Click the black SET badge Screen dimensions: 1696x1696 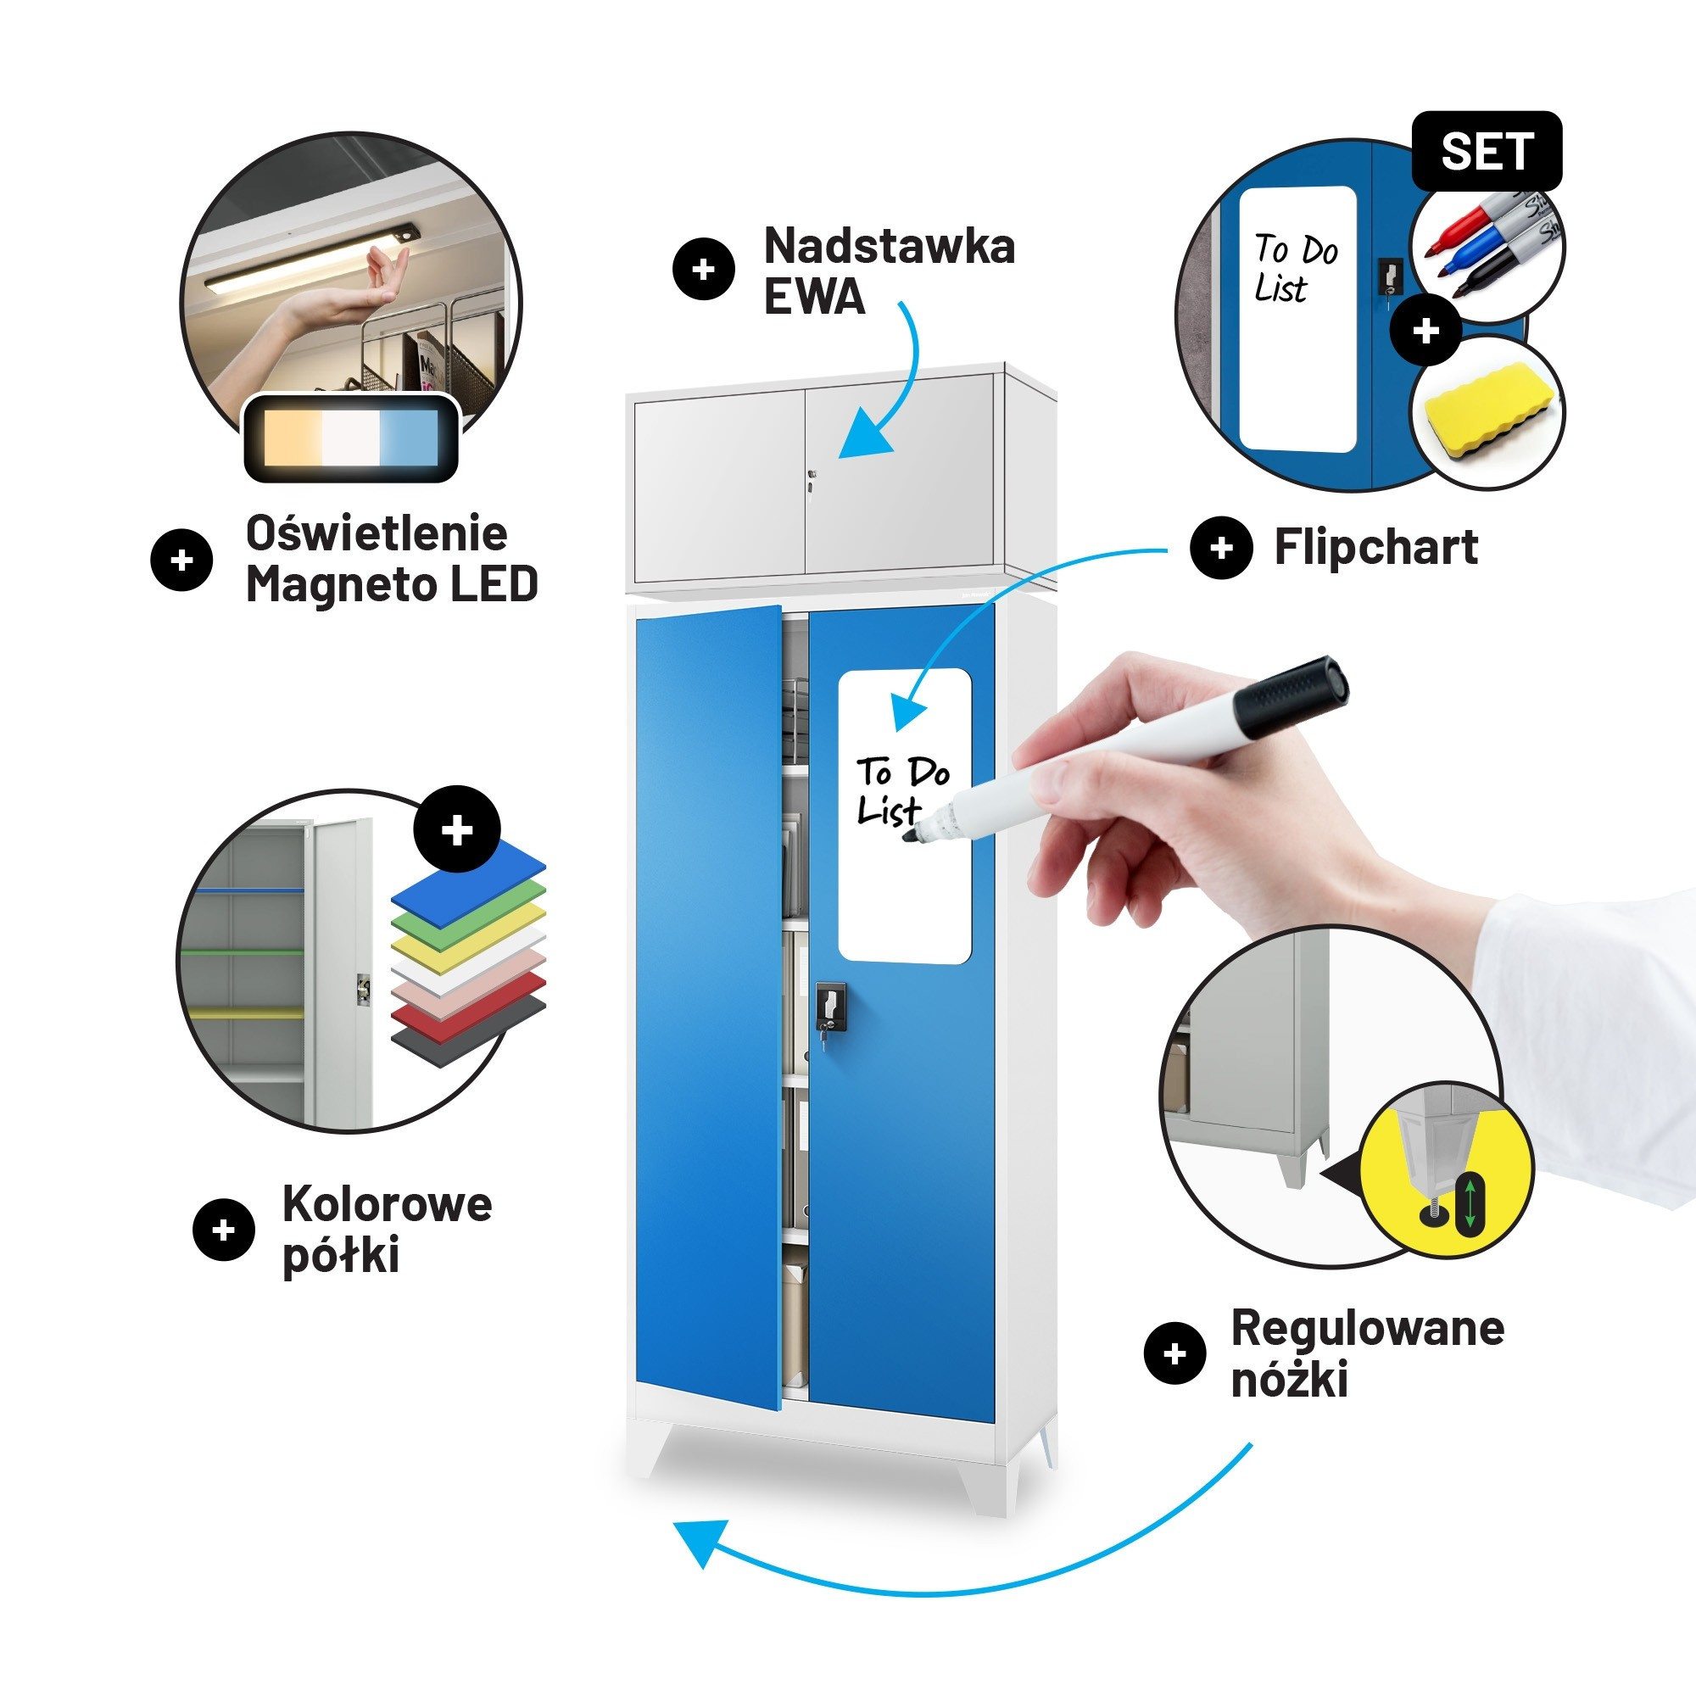pyautogui.click(x=1487, y=151)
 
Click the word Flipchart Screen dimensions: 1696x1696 pyautogui.click(x=1375, y=548)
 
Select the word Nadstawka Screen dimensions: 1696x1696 pyautogui.click(x=890, y=246)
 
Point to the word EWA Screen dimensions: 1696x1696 pyautogui.click(x=814, y=296)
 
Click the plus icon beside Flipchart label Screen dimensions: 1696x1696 pyautogui.click(x=1221, y=548)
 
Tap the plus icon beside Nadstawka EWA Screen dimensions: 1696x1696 pyautogui.click(x=704, y=269)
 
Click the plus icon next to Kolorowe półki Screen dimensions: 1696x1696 pyautogui.click(x=224, y=1230)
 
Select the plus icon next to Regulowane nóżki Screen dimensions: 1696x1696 pyautogui.click(x=1174, y=1353)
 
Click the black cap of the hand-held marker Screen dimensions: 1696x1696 pyautogui.click(x=1291, y=697)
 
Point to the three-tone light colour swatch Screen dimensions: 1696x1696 pyautogui.click(x=351, y=438)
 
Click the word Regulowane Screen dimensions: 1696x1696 pyautogui.click(x=1368, y=1328)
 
